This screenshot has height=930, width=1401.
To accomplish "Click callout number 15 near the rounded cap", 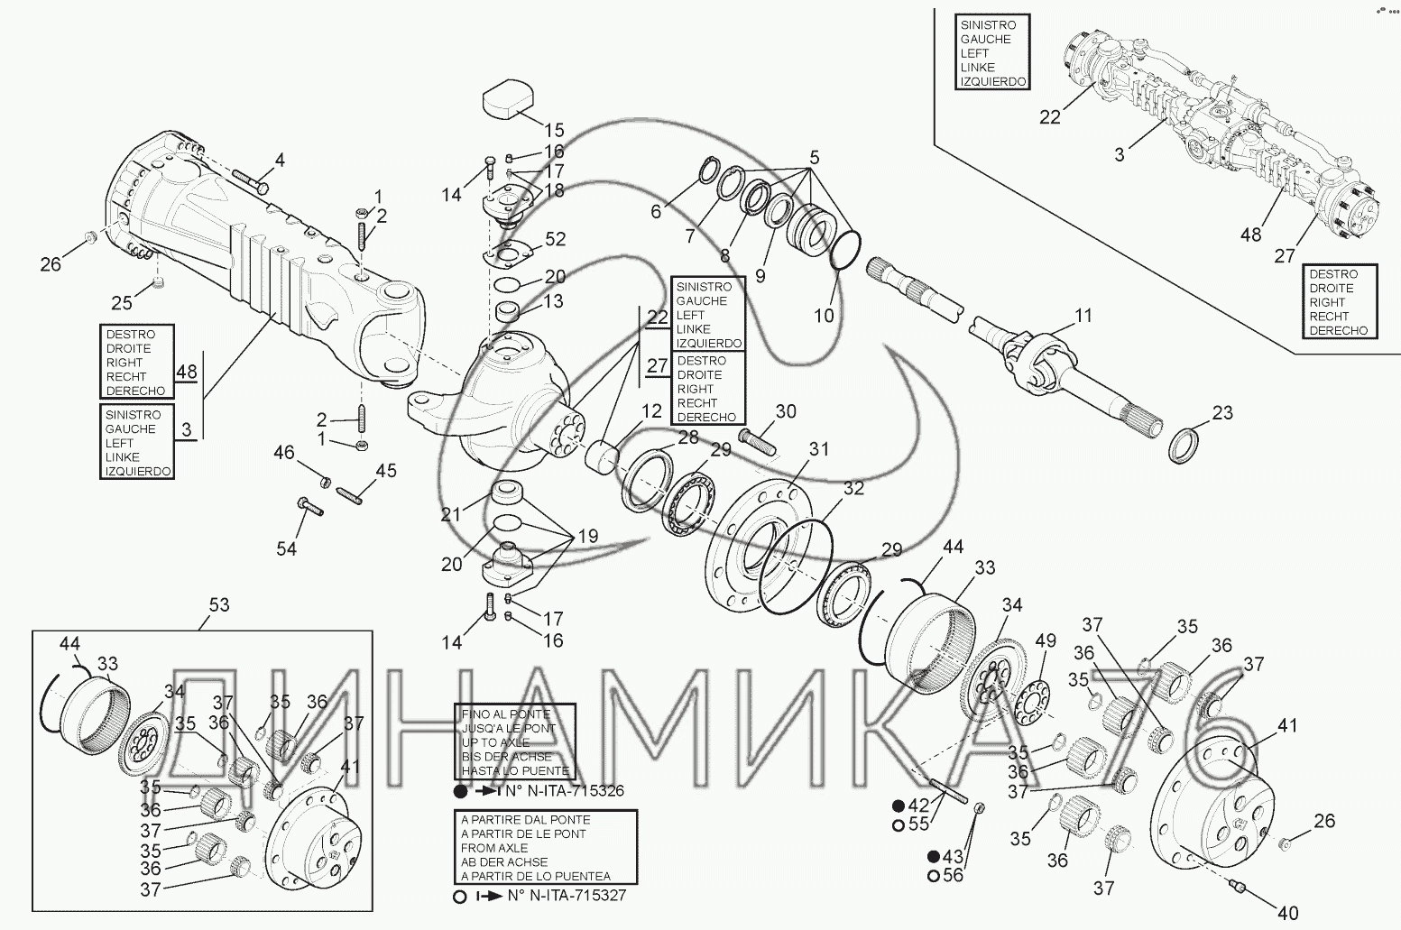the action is [x=554, y=130].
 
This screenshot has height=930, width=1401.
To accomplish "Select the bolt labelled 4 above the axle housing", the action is [x=250, y=180].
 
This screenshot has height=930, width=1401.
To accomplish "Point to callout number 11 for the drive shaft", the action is [x=1083, y=315].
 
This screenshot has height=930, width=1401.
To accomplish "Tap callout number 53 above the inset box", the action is [x=219, y=604].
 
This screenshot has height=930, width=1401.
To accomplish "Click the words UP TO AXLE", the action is [x=495, y=742].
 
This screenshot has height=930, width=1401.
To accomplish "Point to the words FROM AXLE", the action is [x=494, y=848].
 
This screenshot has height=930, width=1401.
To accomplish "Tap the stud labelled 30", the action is [x=758, y=440].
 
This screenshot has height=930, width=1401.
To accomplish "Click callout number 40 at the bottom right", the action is [x=1288, y=913].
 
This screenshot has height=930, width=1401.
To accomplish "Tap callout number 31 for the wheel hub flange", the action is [x=819, y=449].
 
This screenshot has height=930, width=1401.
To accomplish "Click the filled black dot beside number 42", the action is [x=899, y=806].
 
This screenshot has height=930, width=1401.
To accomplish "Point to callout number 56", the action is [x=954, y=875].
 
